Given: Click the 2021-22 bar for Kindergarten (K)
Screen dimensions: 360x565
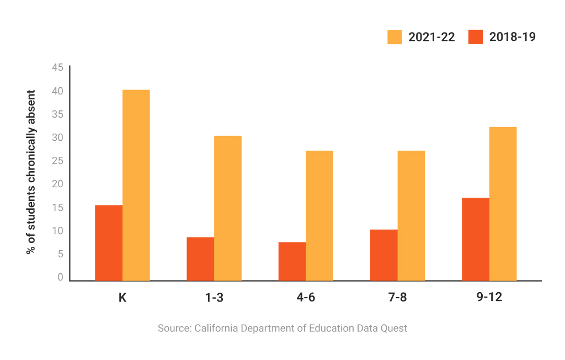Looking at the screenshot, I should pyautogui.click(x=136, y=185).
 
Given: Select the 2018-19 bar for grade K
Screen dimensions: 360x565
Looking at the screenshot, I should pyautogui.click(x=109, y=243).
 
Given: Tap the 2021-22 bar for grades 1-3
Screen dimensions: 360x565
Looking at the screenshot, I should pyautogui.click(x=227, y=208).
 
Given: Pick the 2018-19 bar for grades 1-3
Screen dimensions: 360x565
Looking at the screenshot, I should pyautogui.click(x=200, y=259).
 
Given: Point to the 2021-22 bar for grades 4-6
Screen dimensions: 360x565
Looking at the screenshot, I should pyautogui.click(x=319, y=215).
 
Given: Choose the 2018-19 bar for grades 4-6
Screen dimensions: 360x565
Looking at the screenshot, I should pyautogui.click(x=292, y=261).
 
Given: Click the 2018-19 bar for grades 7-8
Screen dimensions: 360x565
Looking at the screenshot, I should pyautogui.click(x=383, y=255).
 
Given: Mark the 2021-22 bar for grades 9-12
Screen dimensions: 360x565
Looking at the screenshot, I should pyautogui.click(x=503, y=204).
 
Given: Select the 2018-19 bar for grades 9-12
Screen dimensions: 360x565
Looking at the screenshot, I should pyautogui.click(x=475, y=239).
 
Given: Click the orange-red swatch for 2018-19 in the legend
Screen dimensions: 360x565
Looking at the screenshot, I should pyautogui.click(x=476, y=37).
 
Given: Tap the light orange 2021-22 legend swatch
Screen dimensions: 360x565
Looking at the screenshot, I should pyautogui.click(x=395, y=37).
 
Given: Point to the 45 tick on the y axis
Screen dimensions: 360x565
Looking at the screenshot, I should pyautogui.click(x=57, y=67).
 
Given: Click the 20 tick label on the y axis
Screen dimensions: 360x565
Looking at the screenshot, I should pyautogui.click(x=57, y=184).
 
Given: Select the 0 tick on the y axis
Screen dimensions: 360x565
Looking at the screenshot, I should pyautogui.click(x=60, y=277).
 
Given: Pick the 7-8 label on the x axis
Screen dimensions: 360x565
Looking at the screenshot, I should pyautogui.click(x=397, y=298).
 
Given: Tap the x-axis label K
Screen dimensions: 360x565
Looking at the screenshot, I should pyautogui.click(x=122, y=298).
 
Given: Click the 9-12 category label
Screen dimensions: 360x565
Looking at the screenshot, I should pyautogui.click(x=489, y=298).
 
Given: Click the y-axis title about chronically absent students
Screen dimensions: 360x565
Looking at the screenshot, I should pyautogui.click(x=31, y=172).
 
